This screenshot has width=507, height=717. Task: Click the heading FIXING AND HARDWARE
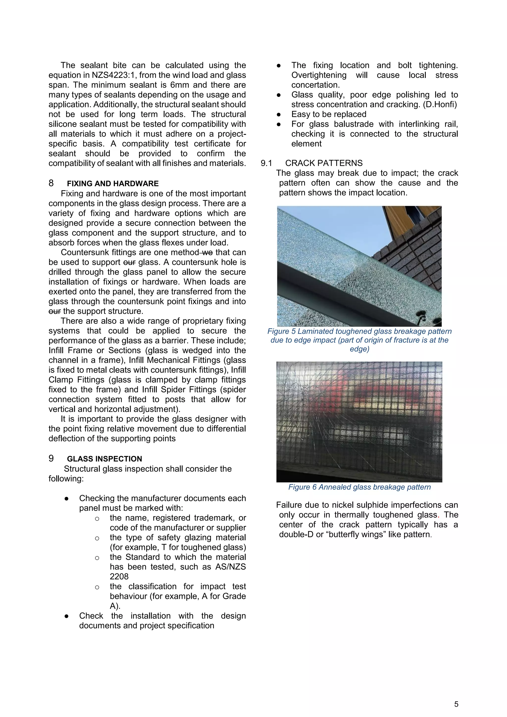113,184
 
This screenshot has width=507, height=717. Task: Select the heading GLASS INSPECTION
104,459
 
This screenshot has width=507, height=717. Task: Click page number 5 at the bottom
456,704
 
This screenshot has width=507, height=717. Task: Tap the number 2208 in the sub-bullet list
119,576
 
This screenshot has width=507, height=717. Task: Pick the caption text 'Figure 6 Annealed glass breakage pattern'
359,487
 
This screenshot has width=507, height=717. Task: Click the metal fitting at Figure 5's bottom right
422,319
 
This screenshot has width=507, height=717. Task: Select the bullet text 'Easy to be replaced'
329,114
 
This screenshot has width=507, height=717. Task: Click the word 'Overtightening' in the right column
319,75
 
